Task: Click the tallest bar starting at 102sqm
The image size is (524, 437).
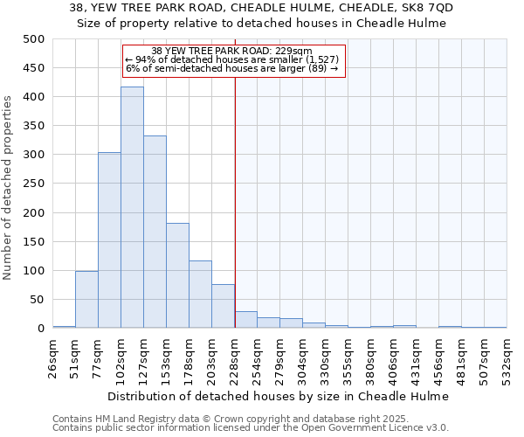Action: click(132, 208)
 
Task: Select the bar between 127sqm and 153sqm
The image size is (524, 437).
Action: click(155, 232)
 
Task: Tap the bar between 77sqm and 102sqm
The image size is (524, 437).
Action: click(109, 240)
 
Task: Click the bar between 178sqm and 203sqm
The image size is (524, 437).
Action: click(200, 295)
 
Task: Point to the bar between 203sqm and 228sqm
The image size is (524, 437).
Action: click(223, 307)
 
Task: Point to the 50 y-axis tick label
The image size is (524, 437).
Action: click(37, 300)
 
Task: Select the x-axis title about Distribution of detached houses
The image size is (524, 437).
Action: click(279, 396)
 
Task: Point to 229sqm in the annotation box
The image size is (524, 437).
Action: click(287, 52)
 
